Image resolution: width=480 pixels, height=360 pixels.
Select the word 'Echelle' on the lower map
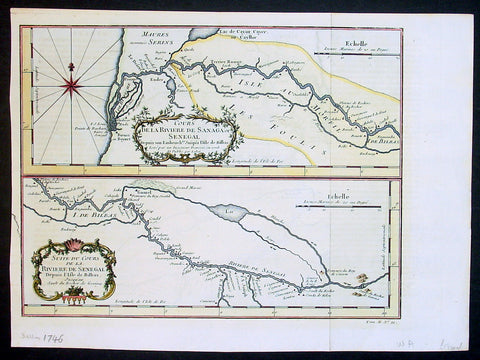(x=369, y=197)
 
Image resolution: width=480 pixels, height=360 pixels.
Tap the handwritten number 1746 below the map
(x=41, y=341)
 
